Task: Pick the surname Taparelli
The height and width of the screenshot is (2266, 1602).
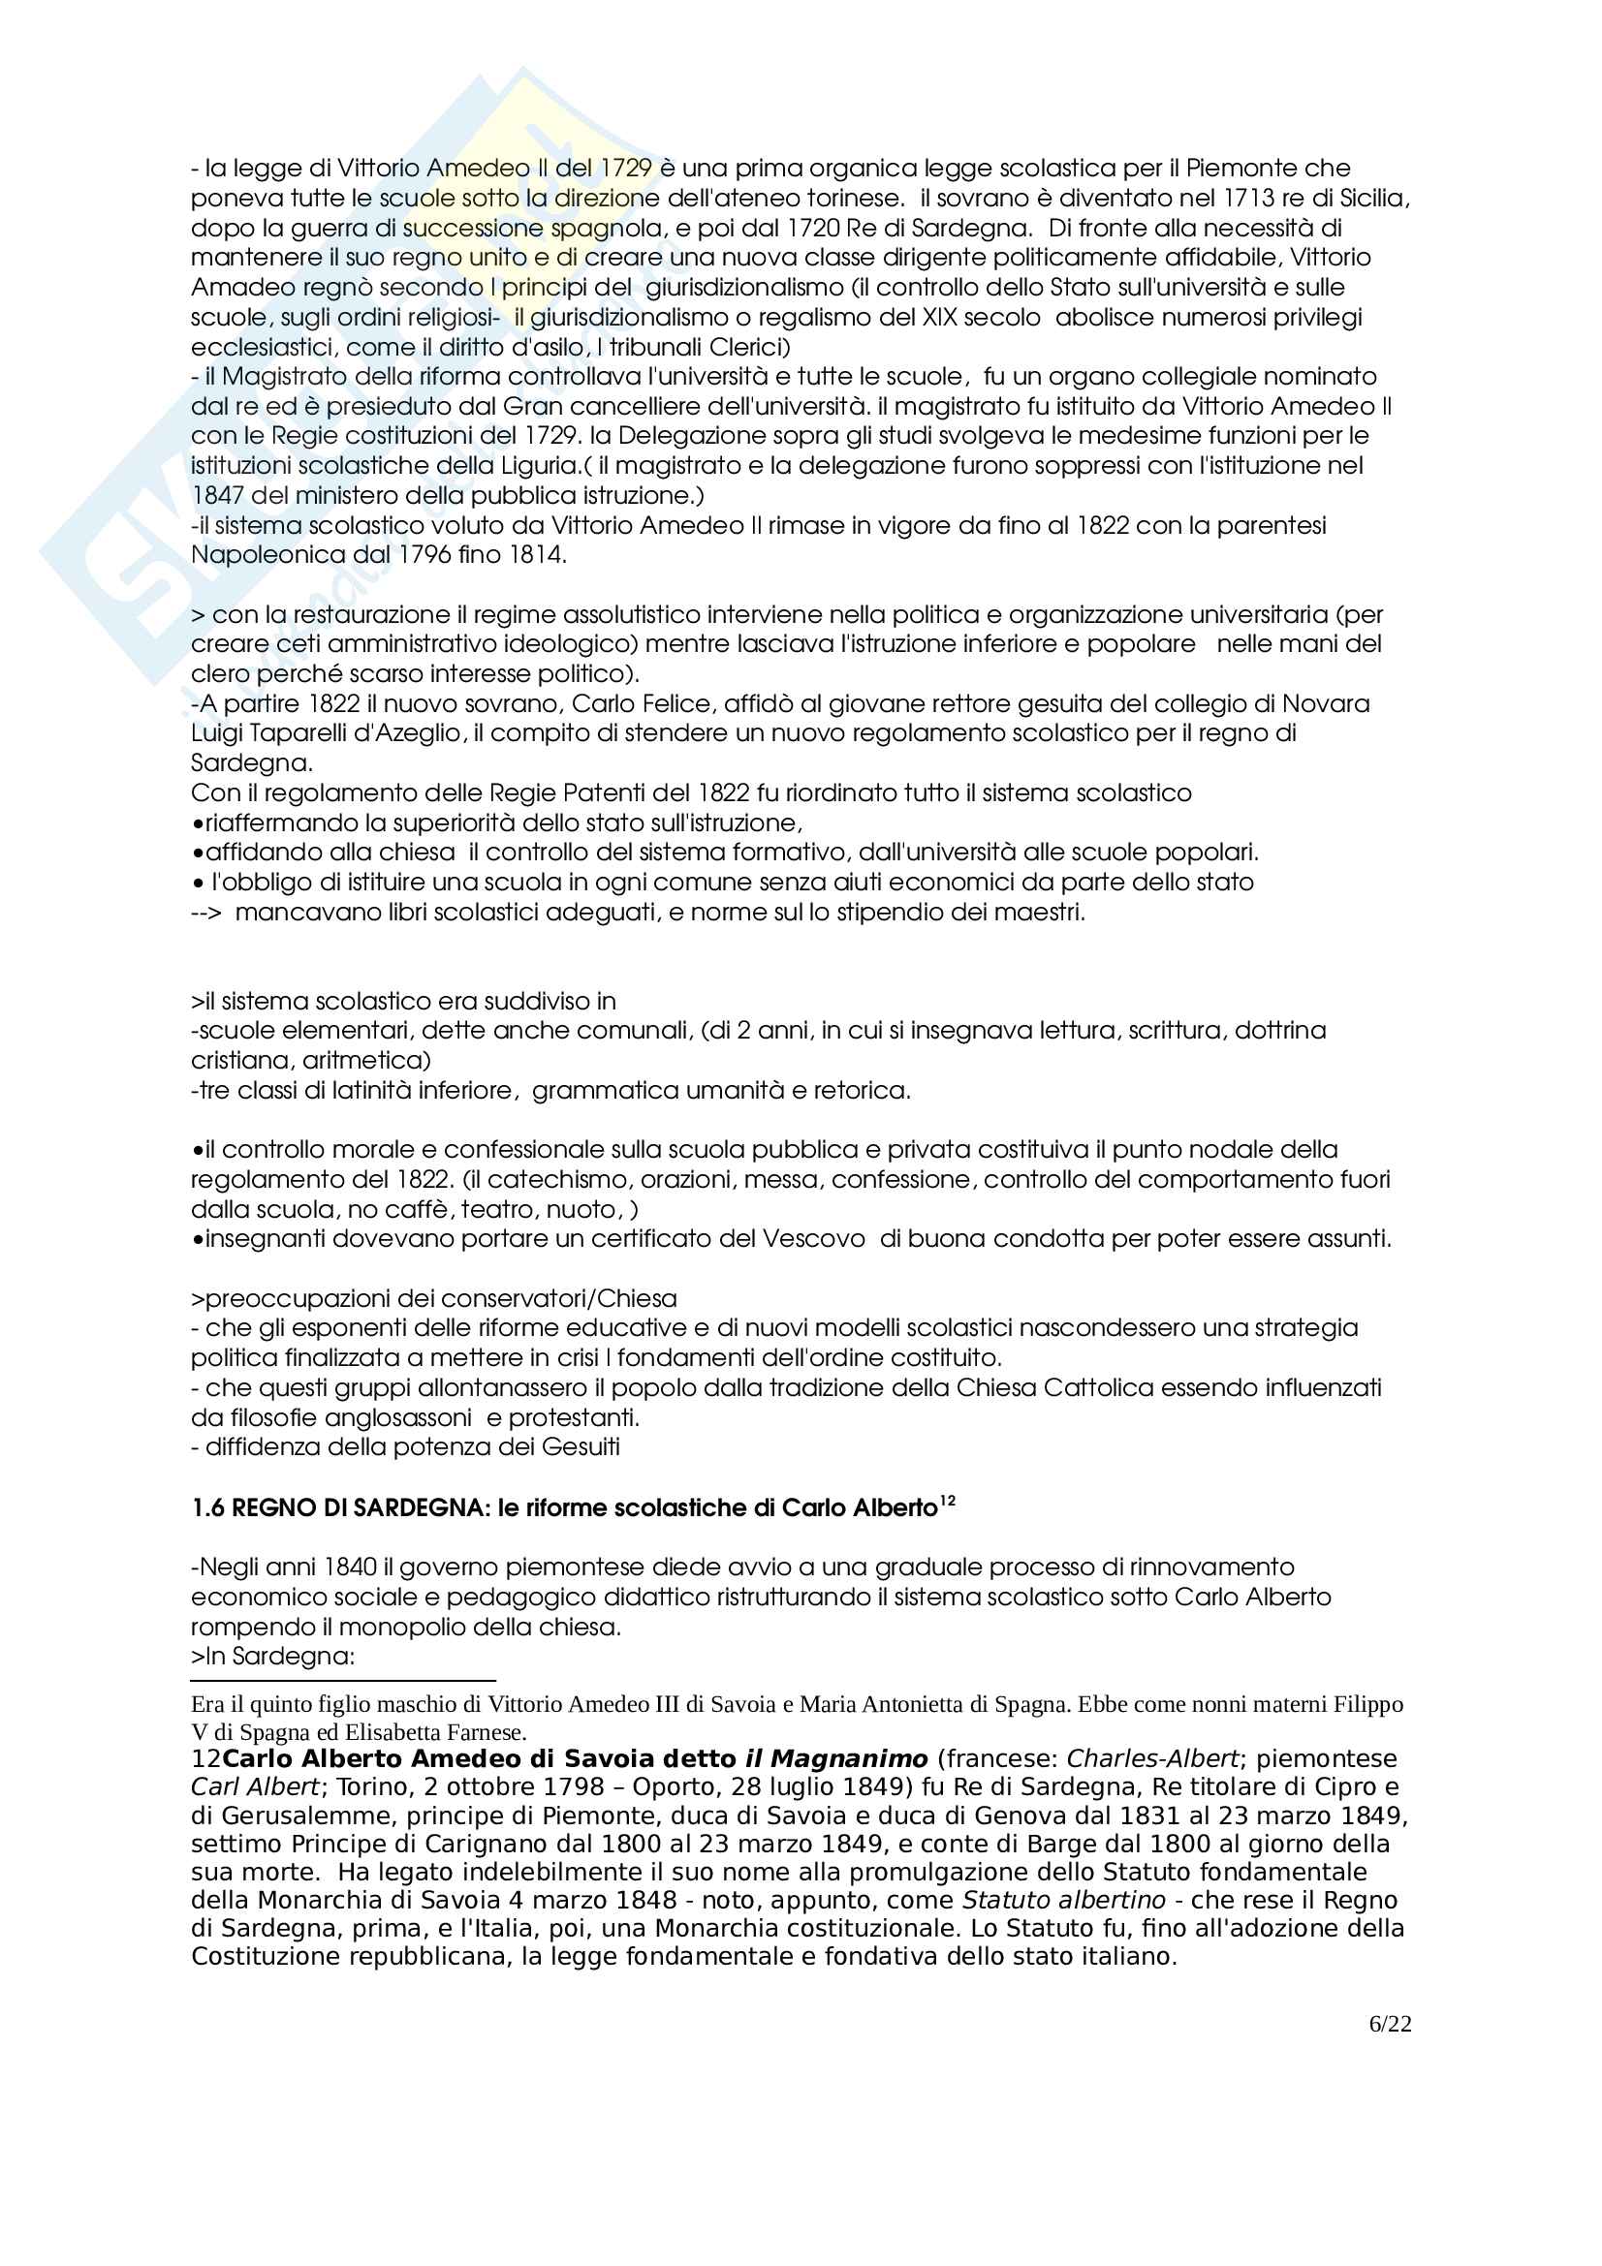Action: click(291, 733)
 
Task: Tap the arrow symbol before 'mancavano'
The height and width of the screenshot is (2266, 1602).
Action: click(206, 913)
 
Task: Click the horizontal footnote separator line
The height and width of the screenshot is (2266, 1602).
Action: click(342, 1681)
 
